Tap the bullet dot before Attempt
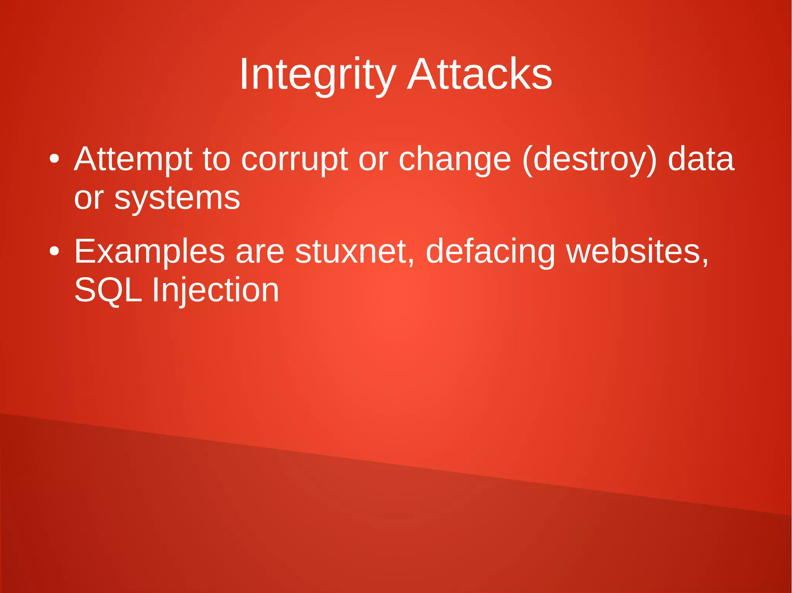point(55,159)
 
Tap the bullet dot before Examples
point(55,251)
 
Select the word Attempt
point(133,159)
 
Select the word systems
point(177,199)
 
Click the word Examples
point(149,252)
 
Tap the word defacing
point(490,252)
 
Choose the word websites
point(637,252)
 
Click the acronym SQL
point(108,290)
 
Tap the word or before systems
point(89,199)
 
